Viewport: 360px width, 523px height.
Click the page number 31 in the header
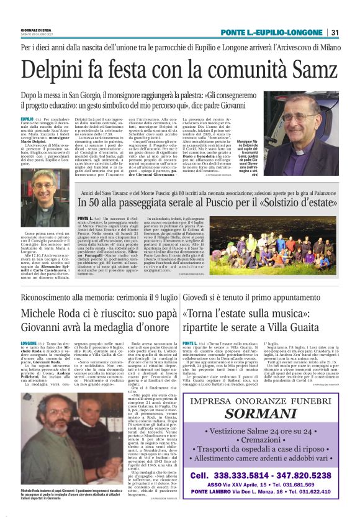[x=335, y=33]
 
